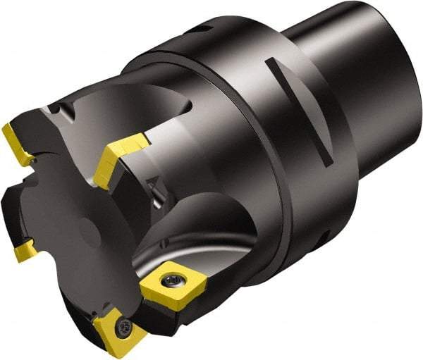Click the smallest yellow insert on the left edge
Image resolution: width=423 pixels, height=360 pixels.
[26, 248]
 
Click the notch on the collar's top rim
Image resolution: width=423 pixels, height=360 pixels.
[202, 30]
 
